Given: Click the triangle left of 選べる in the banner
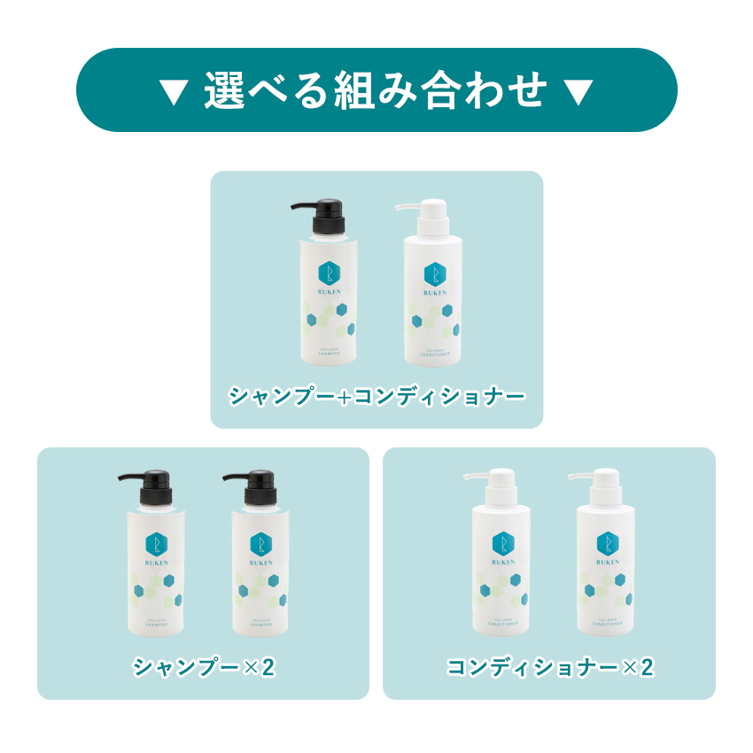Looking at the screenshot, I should [174, 92].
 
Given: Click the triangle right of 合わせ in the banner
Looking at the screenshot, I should [578, 92].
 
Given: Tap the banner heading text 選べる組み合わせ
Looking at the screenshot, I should [376, 91].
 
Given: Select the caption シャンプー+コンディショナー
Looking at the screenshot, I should [376, 395].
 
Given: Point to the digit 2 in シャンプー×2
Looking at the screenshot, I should [270, 667].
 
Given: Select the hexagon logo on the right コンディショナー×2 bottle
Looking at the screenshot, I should [607, 543].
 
